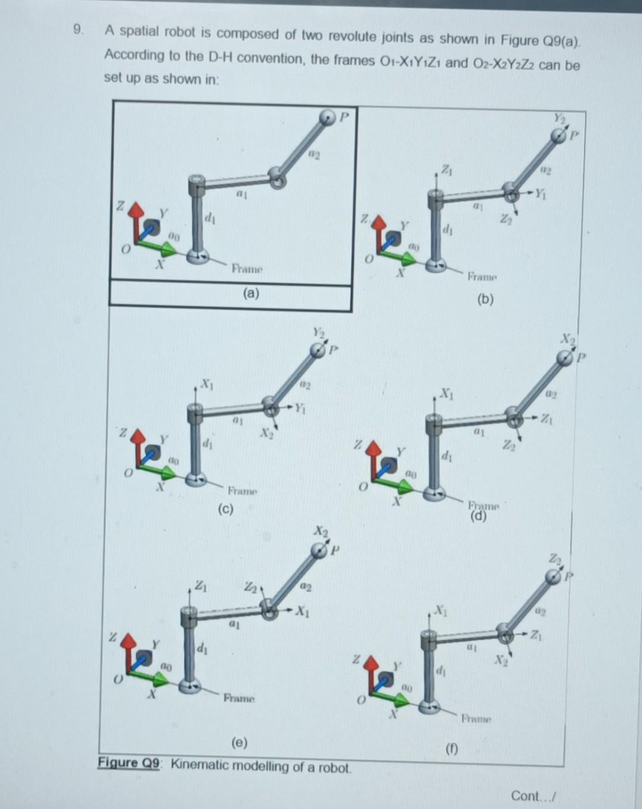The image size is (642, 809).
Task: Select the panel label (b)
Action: (x=485, y=300)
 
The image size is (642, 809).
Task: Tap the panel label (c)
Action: (x=225, y=509)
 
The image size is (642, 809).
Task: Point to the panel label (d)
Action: (x=479, y=516)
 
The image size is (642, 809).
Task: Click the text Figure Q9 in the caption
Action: (x=129, y=763)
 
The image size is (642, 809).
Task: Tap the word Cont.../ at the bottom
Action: (x=533, y=795)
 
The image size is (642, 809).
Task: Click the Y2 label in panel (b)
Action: (x=560, y=118)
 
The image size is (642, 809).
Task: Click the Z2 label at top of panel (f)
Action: (x=554, y=559)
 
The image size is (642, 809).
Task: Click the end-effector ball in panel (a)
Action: (x=327, y=118)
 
